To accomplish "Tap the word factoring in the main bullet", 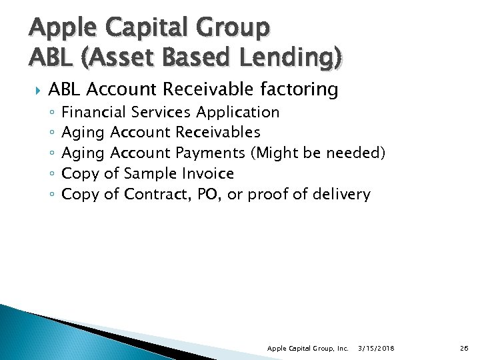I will click(297, 89).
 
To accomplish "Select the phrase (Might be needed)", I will click(318, 153).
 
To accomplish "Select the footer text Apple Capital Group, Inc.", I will click(307, 349).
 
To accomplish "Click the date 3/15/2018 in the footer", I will click(375, 349).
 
